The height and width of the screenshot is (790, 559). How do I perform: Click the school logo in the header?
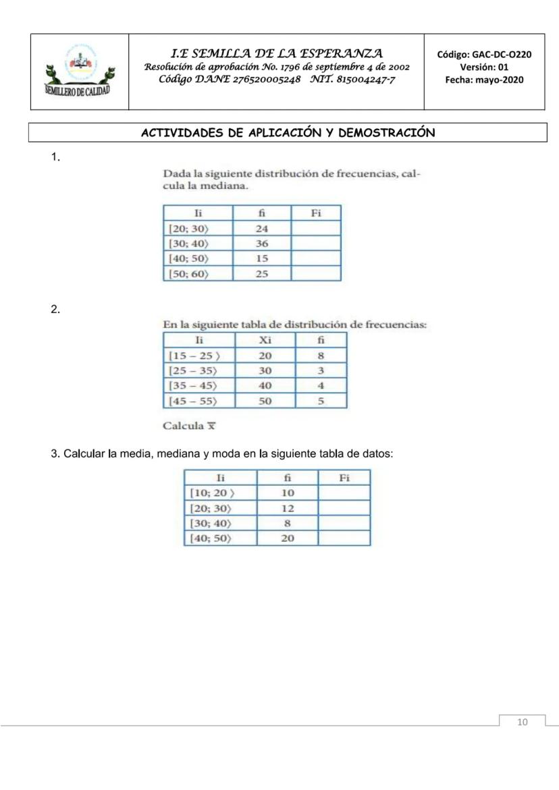79,72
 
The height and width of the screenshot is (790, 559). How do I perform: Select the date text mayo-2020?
500,80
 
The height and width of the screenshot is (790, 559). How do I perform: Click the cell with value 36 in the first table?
262,244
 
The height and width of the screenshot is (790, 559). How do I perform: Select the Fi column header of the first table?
315,213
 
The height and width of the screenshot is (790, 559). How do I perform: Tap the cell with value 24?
262,229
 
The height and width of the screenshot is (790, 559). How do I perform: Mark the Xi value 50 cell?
265,401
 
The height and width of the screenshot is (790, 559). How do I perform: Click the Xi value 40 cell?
265,386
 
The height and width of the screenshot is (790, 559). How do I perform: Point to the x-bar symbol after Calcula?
211,426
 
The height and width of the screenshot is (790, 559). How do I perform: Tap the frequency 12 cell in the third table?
287,508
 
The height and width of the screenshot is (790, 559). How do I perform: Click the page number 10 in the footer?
522,723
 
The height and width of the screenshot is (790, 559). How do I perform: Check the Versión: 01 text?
485,67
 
